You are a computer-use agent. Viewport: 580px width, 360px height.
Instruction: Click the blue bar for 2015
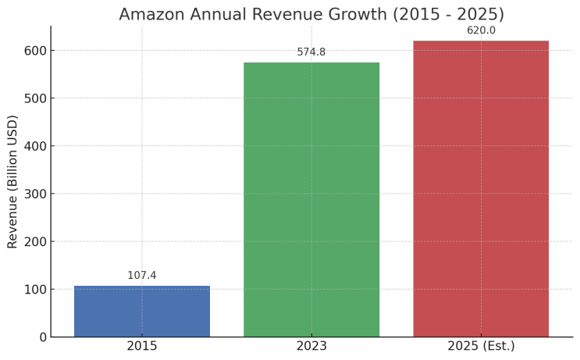tap(142, 311)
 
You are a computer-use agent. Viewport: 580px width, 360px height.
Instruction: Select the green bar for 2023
tap(311, 199)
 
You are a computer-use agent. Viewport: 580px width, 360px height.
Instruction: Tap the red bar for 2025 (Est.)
tap(481, 188)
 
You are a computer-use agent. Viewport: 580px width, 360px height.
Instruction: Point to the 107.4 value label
tap(142, 276)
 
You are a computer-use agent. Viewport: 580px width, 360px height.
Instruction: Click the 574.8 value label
tap(311, 52)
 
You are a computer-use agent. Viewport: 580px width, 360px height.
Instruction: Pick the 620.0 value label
tap(481, 30)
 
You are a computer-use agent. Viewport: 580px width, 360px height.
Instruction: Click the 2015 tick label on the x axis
tap(142, 346)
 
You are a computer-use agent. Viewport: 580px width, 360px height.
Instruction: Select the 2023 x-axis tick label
tap(311, 346)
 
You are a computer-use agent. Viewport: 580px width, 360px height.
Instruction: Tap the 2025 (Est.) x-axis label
tap(481, 346)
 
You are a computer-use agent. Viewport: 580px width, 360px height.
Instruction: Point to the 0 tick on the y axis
tap(42, 337)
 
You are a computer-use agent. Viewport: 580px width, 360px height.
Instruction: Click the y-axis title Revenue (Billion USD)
tap(12, 181)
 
